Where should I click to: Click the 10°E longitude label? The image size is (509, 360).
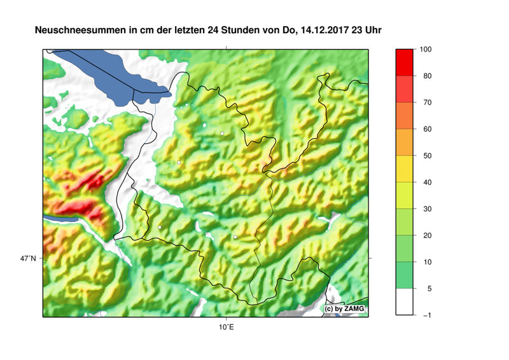click(225, 328)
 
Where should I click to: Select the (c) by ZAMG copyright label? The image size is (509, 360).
click(345, 308)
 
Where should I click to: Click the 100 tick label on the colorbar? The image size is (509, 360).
click(426, 50)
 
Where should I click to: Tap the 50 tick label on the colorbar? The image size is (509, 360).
click(424, 156)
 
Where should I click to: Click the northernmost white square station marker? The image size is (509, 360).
click(222, 134)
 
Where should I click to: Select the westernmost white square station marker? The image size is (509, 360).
click(159, 227)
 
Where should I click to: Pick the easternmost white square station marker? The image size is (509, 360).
click(235, 237)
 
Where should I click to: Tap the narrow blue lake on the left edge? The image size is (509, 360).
click(60, 218)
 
